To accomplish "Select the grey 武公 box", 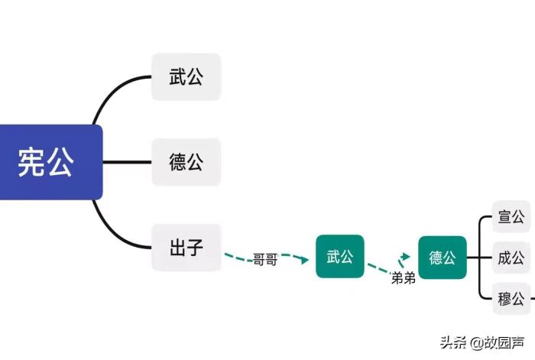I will click(x=186, y=76).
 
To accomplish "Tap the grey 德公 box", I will click(x=186, y=162).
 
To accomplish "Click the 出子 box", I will click(x=186, y=247).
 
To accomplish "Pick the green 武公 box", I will click(x=340, y=257).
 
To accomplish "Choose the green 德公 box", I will click(x=443, y=257).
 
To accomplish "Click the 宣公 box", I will click(x=511, y=216).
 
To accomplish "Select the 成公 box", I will click(x=511, y=257).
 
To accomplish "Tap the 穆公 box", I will click(x=511, y=298).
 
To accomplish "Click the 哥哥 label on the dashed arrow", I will click(x=265, y=260).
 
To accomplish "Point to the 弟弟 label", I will click(x=403, y=277).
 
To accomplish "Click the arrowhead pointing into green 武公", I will click(x=305, y=260).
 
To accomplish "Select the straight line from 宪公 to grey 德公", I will click(x=126, y=162).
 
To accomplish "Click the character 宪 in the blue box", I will click(x=32, y=162).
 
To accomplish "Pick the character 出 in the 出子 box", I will click(x=177, y=247).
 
